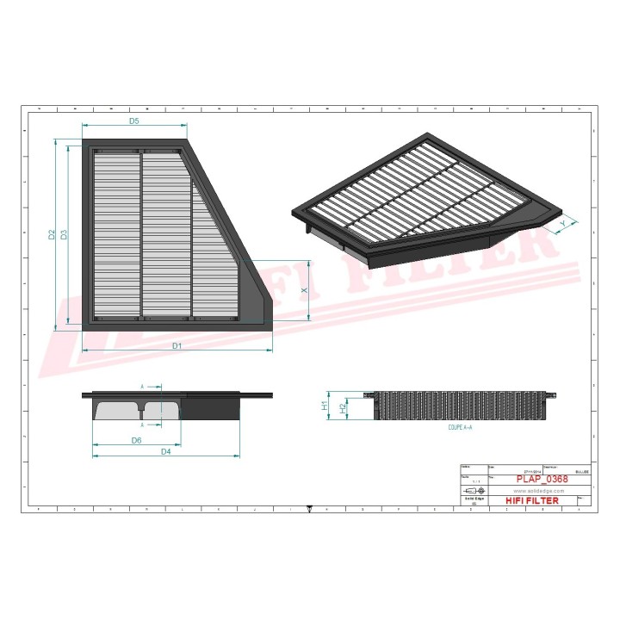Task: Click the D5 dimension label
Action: (x=134, y=121)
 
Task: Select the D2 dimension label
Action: (x=52, y=234)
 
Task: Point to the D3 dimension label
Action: (x=65, y=234)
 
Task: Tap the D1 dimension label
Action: (x=177, y=345)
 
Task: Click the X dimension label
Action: (x=305, y=291)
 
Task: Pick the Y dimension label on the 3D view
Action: (x=563, y=223)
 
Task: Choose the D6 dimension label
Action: (x=136, y=440)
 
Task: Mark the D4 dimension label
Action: (x=165, y=451)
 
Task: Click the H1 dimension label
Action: (x=325, y=405)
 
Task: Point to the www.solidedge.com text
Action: (x=538, y=490)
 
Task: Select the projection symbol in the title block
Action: (x=474, y=490)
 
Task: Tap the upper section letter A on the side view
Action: (x=142, y=387)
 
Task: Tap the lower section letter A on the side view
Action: (x=142, y=425)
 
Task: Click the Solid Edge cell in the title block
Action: (x=474, y=499)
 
